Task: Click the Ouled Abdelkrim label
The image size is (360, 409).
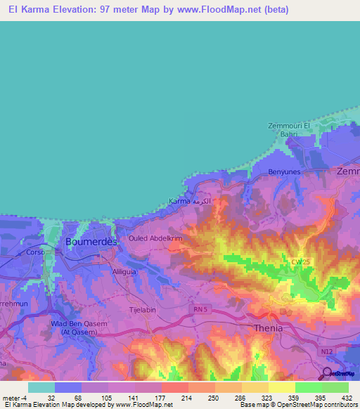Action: coord(155,238)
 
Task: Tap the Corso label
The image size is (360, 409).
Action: coord(34,252)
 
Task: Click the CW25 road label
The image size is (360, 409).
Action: coord(302,262)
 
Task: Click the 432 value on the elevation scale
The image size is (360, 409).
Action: coord(346,397)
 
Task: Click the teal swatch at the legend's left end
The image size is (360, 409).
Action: coord(41,387)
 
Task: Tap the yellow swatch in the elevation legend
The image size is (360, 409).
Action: coord(281,387)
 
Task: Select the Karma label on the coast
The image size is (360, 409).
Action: coord(181,202)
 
